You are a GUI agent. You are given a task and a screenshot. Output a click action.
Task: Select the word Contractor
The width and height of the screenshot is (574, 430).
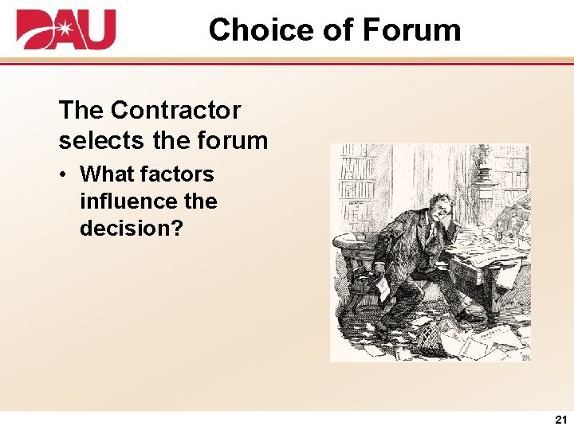click(x=176, y=110)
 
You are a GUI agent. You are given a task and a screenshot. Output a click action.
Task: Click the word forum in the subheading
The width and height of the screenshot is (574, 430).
click(x=230, y=140)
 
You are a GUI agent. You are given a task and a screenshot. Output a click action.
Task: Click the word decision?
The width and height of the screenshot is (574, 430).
click(x=131, y=228)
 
